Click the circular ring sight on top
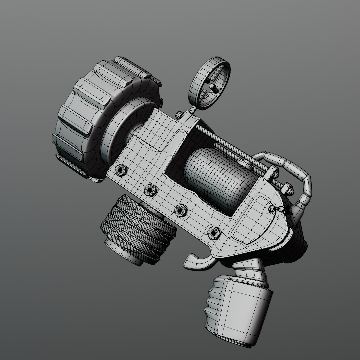click(209, 82)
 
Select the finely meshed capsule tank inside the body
click(220, 180)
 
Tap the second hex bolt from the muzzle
click(150, 190)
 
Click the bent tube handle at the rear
click(300, 177)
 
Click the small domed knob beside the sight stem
click(179, 115)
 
